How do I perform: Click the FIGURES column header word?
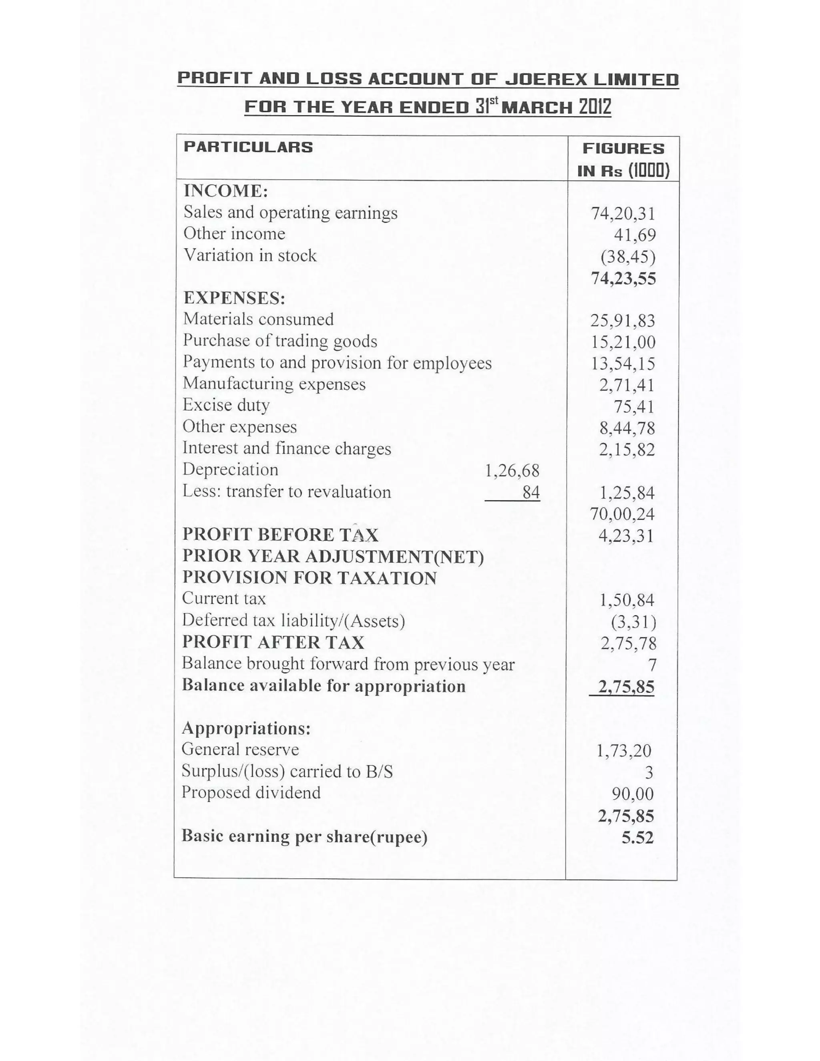(x=623, y=149)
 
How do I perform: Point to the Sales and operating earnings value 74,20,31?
(x=623, y=213)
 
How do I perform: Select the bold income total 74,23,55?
(x=623, y=278)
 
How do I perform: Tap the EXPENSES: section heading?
(x=234, y=298)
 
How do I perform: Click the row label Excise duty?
(x=226, y=405)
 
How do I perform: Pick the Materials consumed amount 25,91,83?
(x=623, y=321)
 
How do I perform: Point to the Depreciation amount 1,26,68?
(x=512, y=470)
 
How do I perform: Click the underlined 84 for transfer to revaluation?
(x=531, y=492)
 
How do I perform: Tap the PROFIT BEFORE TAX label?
(x=280, y=535)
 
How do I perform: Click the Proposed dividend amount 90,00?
(x=633, y=794)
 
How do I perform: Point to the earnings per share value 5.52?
(x=637, y=838)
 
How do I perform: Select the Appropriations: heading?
(x=246, y=728)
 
